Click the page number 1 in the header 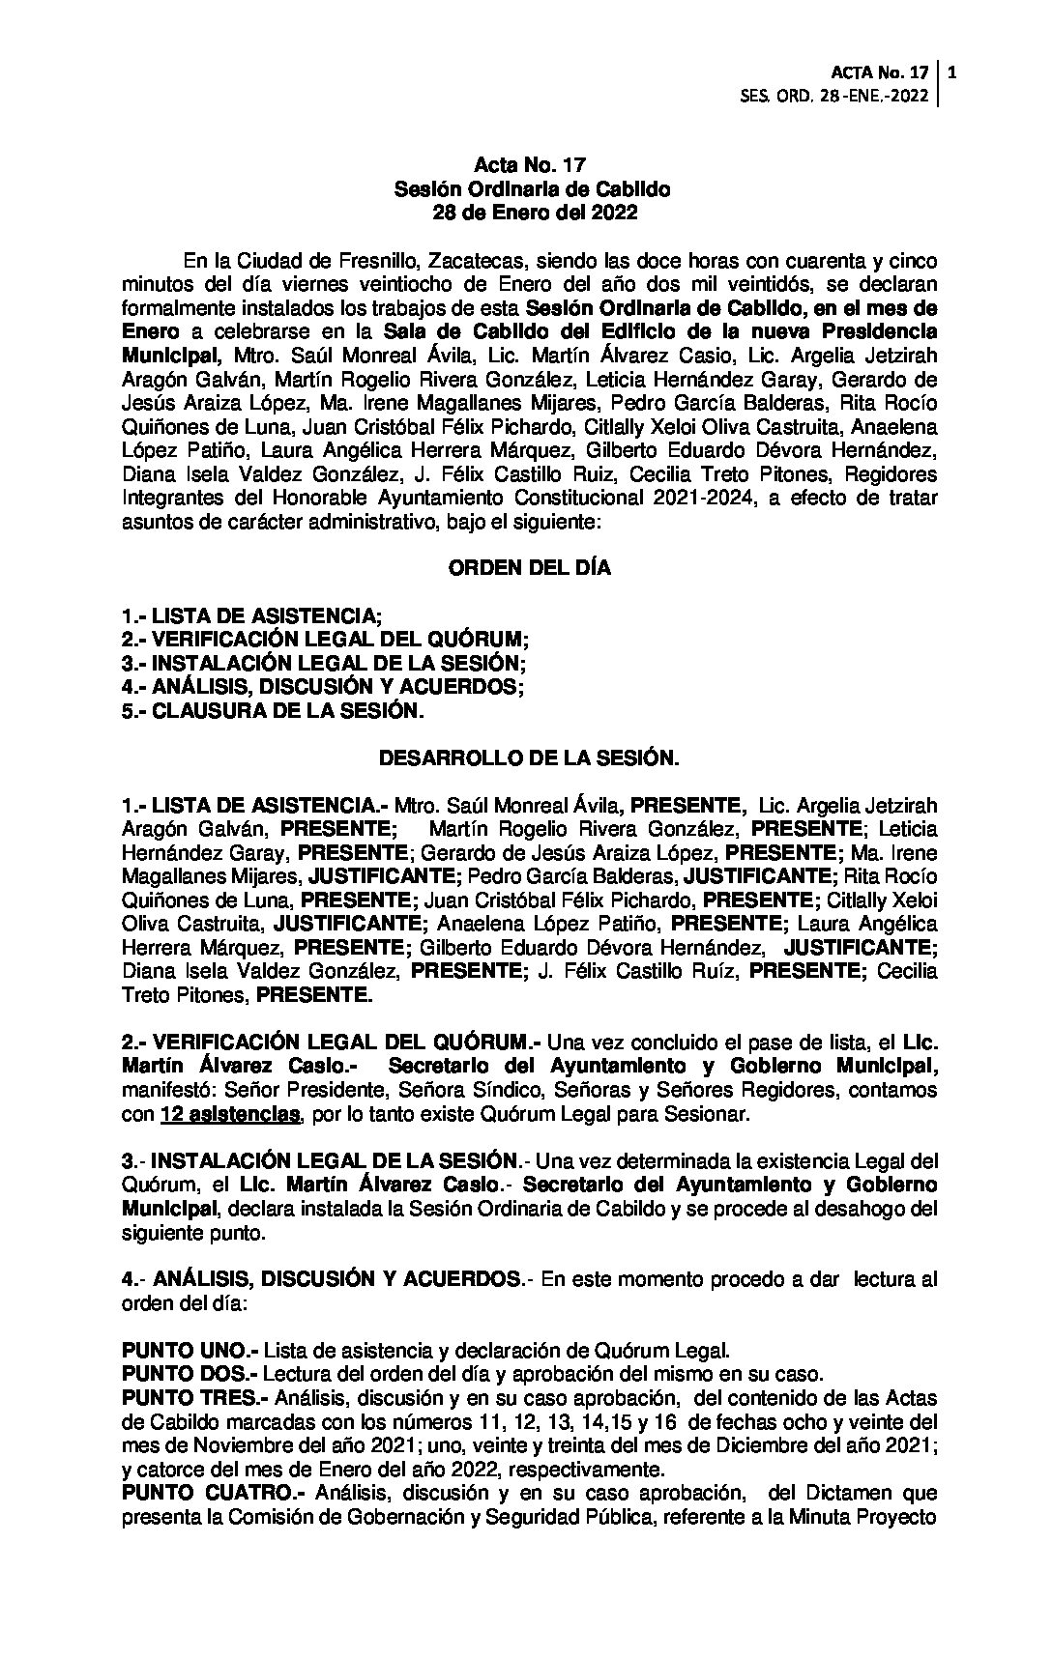coord(953,72)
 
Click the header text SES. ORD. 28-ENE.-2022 coord(833,96)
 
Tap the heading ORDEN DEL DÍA coord(529,568)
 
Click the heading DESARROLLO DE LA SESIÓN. coord(529,758)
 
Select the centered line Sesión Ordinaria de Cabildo coord(530,190)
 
